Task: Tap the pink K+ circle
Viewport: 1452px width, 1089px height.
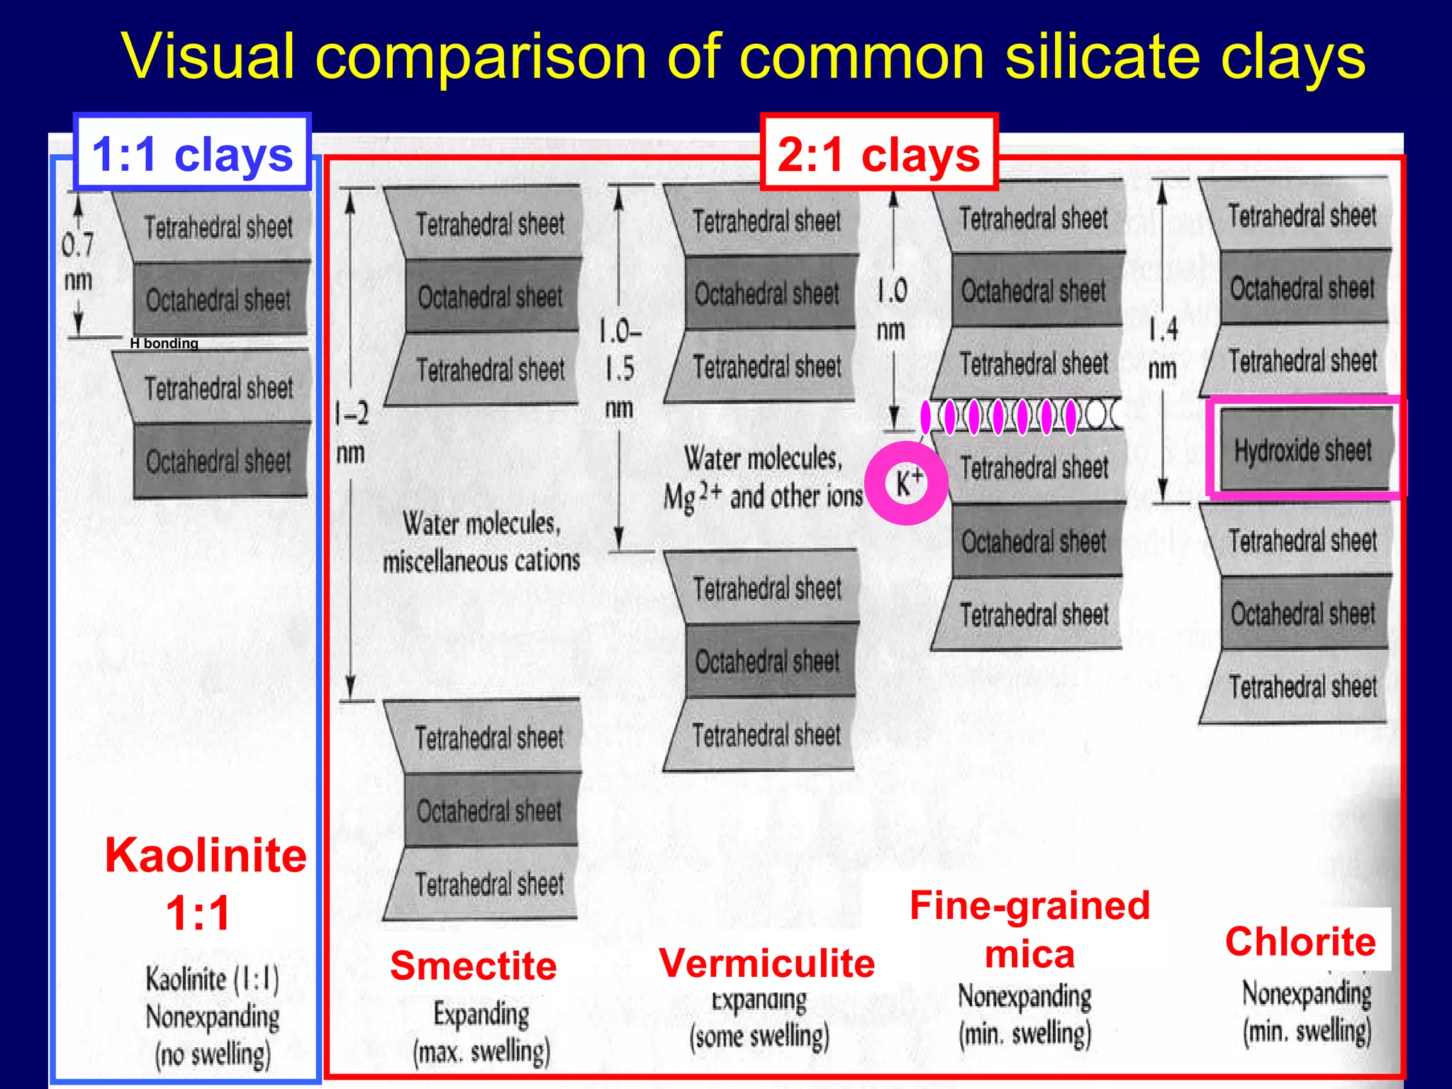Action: click(907, 483)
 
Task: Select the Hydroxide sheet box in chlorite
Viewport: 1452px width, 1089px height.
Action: click(1303, 449)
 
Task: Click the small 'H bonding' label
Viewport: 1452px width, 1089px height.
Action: click(164, 343)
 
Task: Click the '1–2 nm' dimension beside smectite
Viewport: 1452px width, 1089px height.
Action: click(352, 431)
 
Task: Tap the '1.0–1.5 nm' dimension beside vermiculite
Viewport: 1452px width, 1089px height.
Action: click(619, 369)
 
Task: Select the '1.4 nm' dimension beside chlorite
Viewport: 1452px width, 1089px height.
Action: click(1163, 347)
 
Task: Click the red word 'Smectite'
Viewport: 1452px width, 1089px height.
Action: click(473, 965)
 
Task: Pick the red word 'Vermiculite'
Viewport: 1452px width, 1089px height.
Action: click(766, 963)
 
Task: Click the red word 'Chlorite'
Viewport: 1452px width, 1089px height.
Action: click(1300, 942)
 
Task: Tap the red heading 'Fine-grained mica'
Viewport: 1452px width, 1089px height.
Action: click(1029, 929)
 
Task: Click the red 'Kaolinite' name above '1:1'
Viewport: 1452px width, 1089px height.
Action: click(206, 855)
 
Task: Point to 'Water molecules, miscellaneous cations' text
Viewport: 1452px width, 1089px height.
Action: click(481, 542)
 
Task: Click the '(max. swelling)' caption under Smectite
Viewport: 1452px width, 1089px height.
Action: click(481, 1051)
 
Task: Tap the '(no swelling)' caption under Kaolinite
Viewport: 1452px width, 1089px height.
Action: click(213, 1054)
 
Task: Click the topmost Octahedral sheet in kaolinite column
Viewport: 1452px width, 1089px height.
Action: click(219, 299)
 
